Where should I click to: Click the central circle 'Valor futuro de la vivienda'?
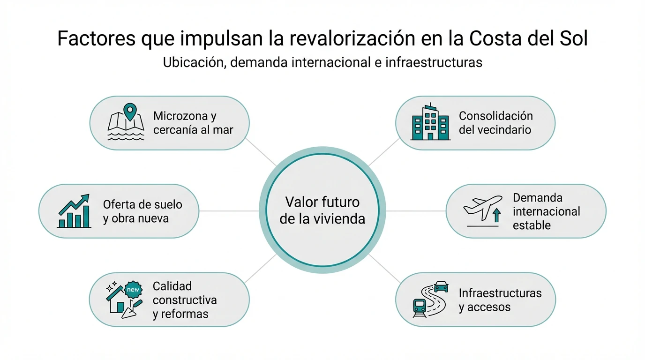(x=322, y=210)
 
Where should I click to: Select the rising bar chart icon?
(x=74, y=211)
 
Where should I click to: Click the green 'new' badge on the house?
(x=133, y=290)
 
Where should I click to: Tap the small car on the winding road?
(x=441, y=285)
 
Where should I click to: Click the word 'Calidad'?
(x=172, y=286)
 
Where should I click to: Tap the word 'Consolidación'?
(x=495, y=116)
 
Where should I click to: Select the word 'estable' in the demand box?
(x=532, y=225)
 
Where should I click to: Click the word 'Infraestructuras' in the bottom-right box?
(x=500, y=293)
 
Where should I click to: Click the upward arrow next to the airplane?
(x=497, y=215)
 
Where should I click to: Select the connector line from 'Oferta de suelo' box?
(x=229, y=211)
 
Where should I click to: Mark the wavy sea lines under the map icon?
(x=125, y=136)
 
